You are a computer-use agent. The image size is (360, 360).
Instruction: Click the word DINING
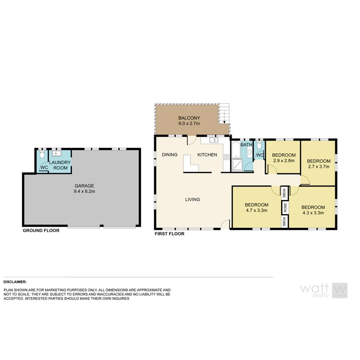(x=170, y=155)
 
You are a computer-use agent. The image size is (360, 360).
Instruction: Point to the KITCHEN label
(x=207, y=155)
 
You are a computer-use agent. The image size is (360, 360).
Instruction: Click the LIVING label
(x=192, y=199)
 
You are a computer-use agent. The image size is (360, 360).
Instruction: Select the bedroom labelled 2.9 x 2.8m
(x=284, y=158)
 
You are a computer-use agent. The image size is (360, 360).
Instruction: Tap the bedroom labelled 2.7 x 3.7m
(x=319, y=164)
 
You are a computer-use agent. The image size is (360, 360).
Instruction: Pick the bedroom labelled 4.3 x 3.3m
(x=313, y=210)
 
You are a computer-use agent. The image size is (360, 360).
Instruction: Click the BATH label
(x=246, y=145)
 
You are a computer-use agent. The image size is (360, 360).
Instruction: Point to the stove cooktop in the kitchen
(x=226, y=156)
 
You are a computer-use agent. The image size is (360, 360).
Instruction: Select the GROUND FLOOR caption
(x=41, y=231)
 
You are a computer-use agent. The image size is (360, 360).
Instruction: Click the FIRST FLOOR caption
(x=169, y=234)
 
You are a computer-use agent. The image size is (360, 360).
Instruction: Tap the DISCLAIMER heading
(x=15, y=282)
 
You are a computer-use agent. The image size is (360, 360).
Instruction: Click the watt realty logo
(x=324, y=290)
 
